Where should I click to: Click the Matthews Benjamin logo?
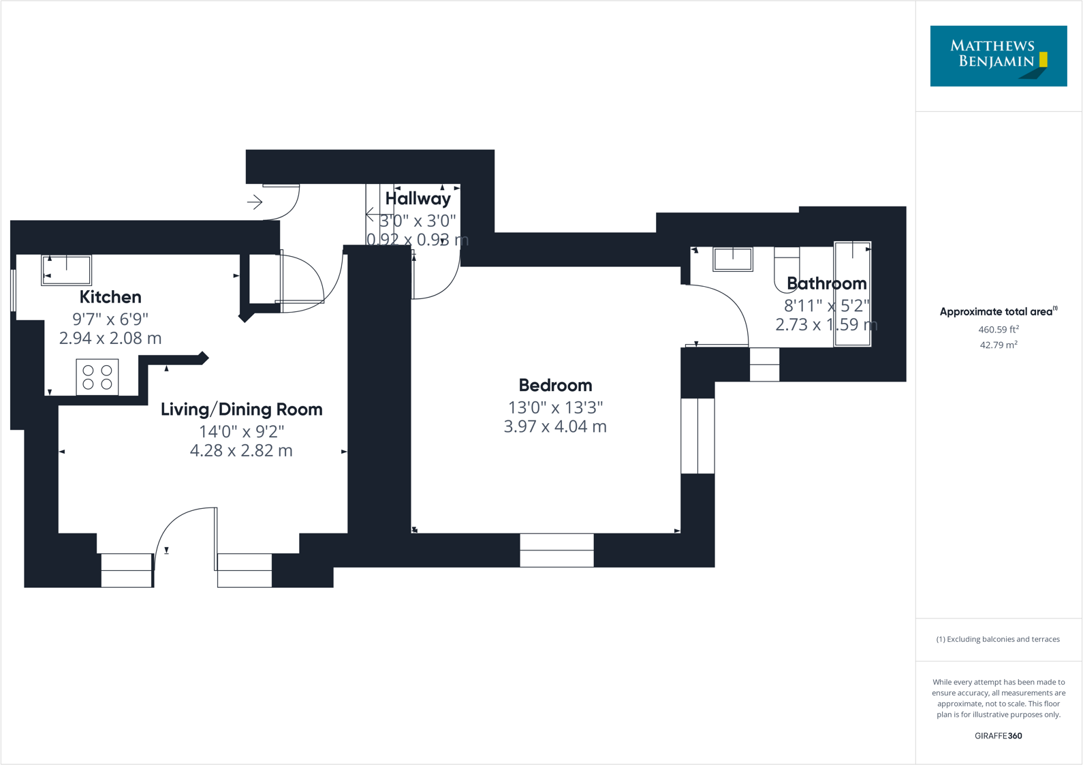point(998,56)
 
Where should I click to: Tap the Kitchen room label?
point(110,297)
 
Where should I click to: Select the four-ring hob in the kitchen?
point(97,377)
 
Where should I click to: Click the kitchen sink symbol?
point(67,270)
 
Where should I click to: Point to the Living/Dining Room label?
point(241,409)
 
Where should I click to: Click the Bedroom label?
point(555,386)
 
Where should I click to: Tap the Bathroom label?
point(826,283)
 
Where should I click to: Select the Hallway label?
point(418,199)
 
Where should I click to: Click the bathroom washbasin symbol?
point(733,259)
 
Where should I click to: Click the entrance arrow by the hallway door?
point(255,202)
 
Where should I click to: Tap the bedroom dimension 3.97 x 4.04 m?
point(555,426)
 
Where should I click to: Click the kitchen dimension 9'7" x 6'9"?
point(110,319)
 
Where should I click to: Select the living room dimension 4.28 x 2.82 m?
point(241,450)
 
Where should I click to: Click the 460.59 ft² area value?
point(998,330)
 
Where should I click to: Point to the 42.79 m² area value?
point(998,345)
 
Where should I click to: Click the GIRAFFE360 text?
point(998,736)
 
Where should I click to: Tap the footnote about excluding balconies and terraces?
point(998,639)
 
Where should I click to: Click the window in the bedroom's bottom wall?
point(556,550)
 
